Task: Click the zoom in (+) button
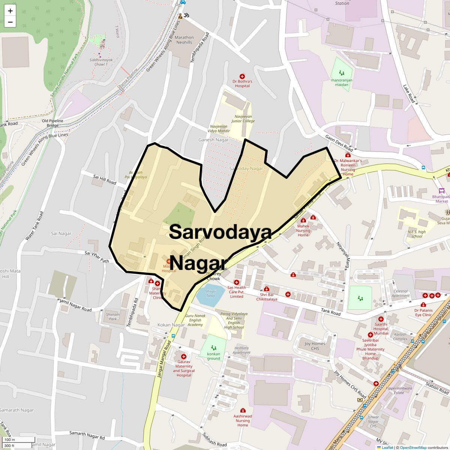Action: (x=10, y=11)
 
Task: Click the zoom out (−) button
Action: (x=10, y=22)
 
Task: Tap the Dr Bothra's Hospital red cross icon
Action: (x=242, y=76)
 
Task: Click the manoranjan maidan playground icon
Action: (x=341, y=73)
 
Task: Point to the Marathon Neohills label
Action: (x=184, y=40)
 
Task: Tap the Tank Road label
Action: (x=330, y=312)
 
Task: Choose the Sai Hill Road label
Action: (x=105, y=179)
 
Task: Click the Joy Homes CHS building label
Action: (x=315, y=346)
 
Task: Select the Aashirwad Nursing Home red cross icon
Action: (x=243, y=410)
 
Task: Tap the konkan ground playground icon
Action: (x=213, y=348)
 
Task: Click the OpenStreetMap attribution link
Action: (x=413, y=447)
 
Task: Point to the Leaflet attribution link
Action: (x=387, y=447)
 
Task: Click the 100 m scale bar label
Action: (x=10, y=439)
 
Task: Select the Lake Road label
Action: (x=409, y=94)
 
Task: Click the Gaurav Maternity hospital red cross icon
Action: (x=183, y=357)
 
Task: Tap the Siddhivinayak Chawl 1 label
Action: (x=98, y=62)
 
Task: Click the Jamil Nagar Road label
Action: (x=76, y=306)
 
